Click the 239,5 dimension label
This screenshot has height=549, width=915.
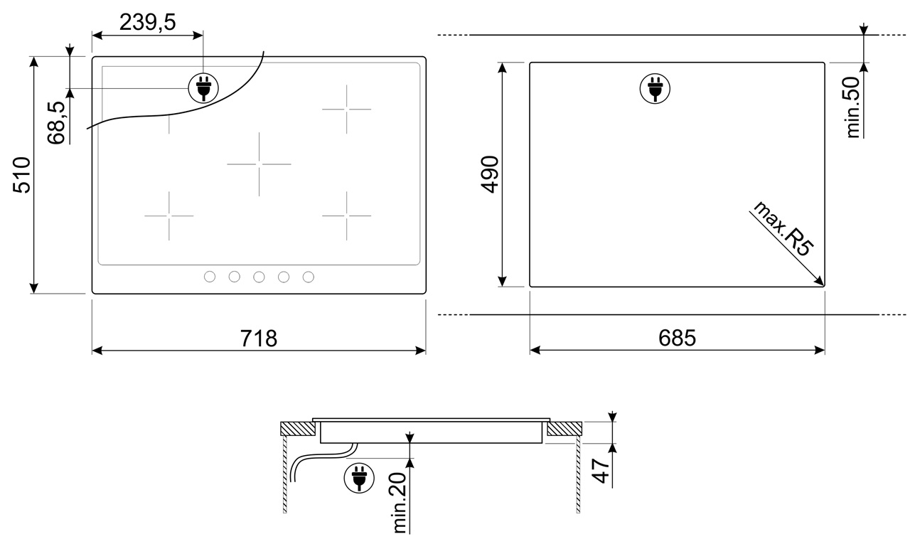tap(147, 23)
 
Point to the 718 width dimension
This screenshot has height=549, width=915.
tap(257, 338)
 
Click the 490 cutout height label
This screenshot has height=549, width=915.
tap(491, 175)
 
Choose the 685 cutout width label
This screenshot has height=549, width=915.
tap(676, 338)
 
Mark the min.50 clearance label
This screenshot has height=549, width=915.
tap(853, 107)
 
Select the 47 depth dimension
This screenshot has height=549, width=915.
tap(602, 471)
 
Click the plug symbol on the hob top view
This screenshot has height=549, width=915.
tap(202, 88)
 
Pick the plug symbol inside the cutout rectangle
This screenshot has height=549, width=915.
tap(655, 88)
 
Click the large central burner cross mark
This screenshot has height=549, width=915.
tap(259, 164)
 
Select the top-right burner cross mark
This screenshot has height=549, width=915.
tap(346, 109)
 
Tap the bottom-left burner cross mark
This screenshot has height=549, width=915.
tap(169, 215)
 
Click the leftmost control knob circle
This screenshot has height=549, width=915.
tap(210, 277)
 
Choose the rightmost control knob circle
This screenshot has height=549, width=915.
tap(309, 277)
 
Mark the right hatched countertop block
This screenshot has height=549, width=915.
tap(564, 429)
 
